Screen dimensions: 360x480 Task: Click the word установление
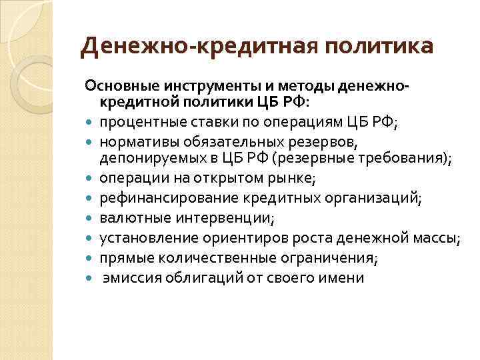pyautogui.click(x=141, y=238)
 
